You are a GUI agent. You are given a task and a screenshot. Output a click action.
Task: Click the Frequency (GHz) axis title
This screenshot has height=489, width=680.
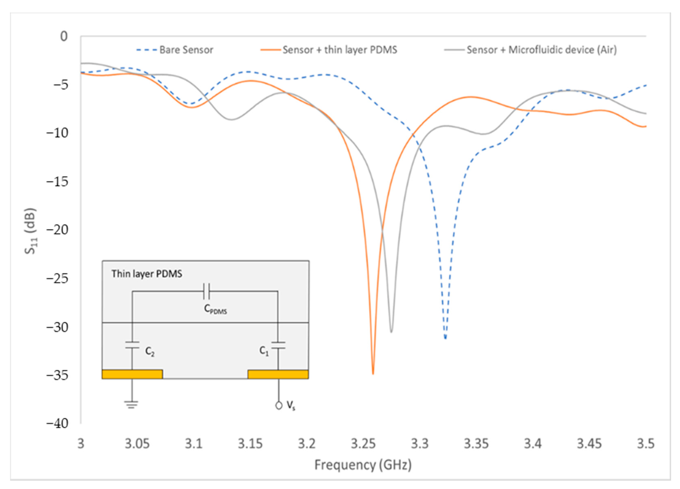(363, 465)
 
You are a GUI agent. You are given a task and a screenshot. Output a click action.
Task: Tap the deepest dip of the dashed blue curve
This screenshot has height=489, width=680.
(445, 338)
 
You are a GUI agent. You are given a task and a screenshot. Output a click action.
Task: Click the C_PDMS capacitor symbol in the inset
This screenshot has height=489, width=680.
(206, 291)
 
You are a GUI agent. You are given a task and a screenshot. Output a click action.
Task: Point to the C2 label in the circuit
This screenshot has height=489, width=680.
(150, 351)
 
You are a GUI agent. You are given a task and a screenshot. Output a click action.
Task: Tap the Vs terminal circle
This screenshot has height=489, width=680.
(279, 405)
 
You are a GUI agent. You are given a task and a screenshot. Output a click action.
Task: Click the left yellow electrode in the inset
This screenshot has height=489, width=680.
(132, 374)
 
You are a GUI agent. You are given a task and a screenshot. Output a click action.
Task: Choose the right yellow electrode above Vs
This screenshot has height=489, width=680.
(278, 374)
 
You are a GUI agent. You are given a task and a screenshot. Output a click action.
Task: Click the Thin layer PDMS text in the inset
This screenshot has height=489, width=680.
(147, 274)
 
